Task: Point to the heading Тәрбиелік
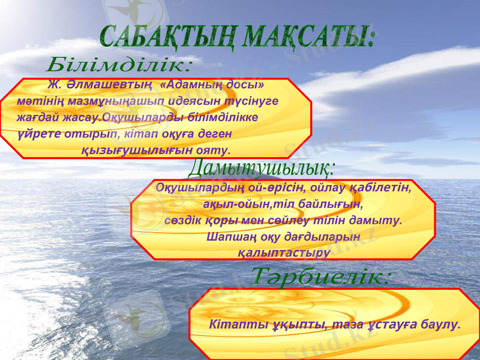[x=321, y=277]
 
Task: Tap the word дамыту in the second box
[x=377, y=220]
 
